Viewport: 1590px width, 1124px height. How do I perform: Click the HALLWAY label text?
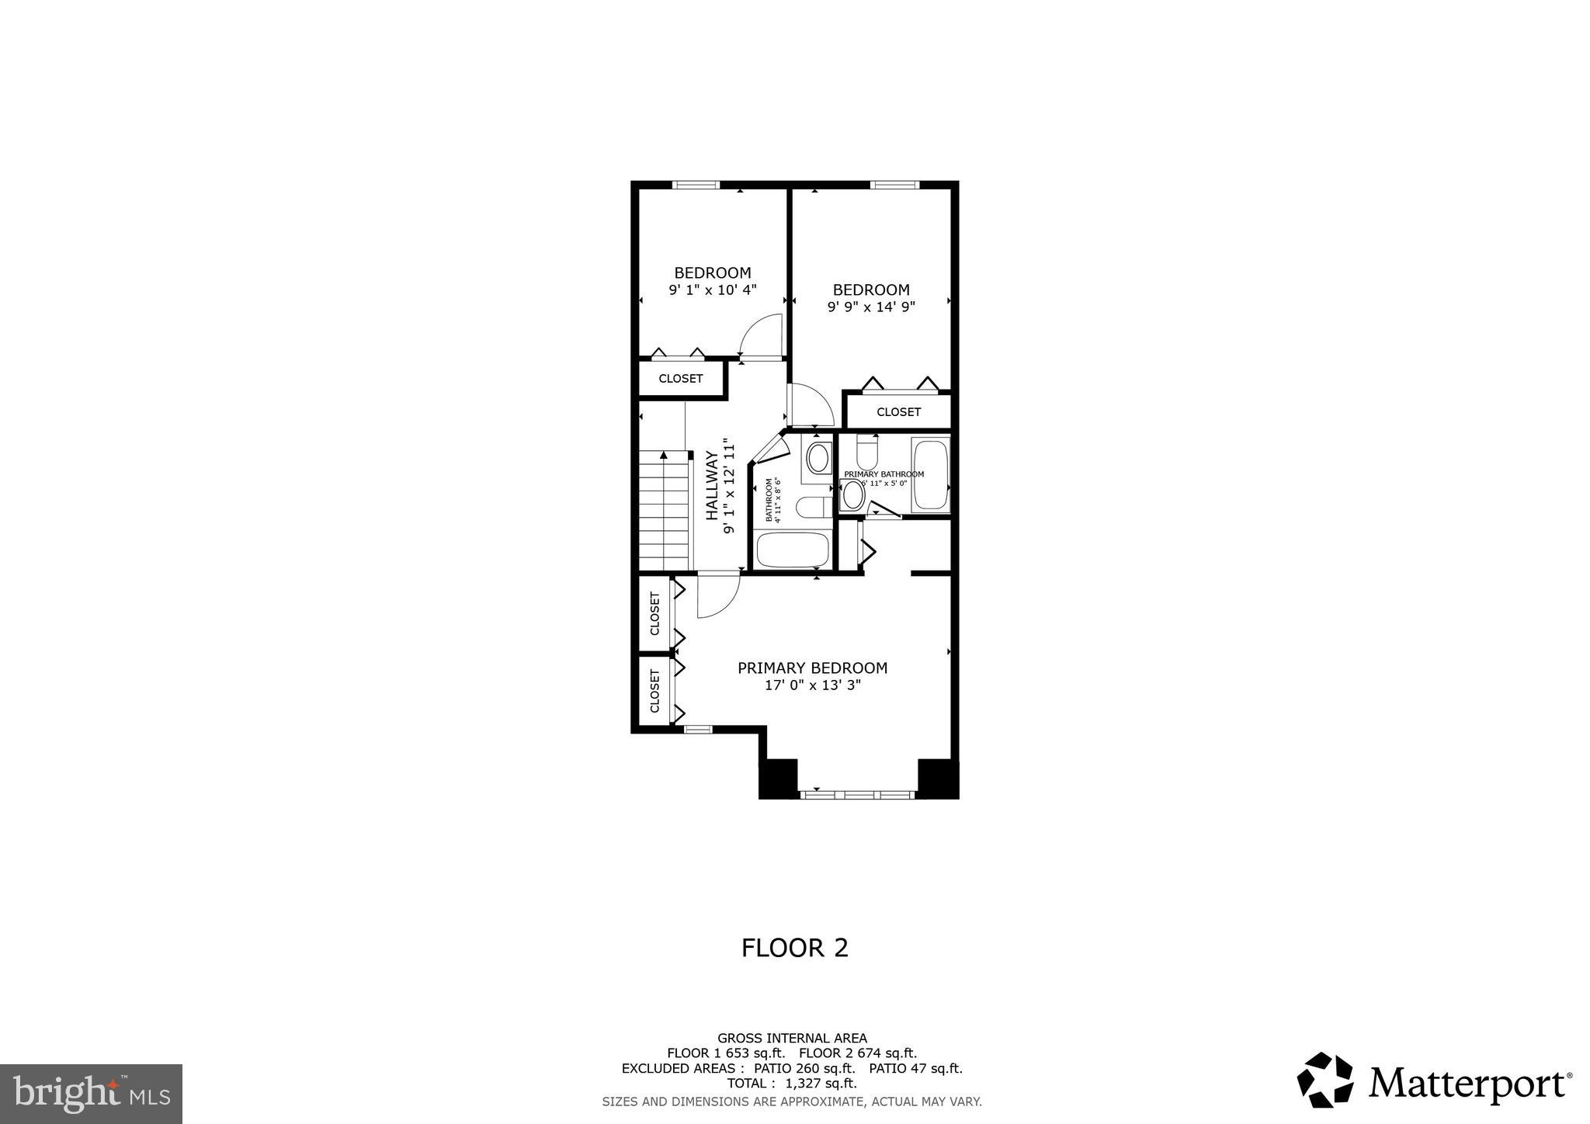coord(711,487)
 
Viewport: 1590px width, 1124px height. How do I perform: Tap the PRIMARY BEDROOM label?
coord(812,668)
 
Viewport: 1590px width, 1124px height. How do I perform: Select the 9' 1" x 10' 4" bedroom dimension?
coord(712,290)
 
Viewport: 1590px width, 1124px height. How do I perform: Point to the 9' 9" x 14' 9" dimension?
coord(871,307)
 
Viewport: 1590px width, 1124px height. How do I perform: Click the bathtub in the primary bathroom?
coord(930,475)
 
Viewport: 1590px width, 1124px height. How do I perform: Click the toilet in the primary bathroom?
coord(866,449)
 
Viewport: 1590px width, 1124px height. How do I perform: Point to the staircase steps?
coord(665,512)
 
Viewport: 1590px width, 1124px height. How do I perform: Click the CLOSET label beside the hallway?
coord(681,379)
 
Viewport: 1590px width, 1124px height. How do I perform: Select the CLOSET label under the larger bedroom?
coord(898,412)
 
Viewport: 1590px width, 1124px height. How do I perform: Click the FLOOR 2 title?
coord(794,948)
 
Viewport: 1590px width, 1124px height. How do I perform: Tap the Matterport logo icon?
coord(1324,1080)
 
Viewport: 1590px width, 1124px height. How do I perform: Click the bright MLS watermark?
coord(91,1094)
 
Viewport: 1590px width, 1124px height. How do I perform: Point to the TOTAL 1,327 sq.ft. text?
coord(792,1084)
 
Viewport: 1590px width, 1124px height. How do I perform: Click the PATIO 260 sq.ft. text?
coord(804,1068)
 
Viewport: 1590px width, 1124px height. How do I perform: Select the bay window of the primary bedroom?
coord(858,795)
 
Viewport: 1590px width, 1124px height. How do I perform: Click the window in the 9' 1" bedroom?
coord(696,185)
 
